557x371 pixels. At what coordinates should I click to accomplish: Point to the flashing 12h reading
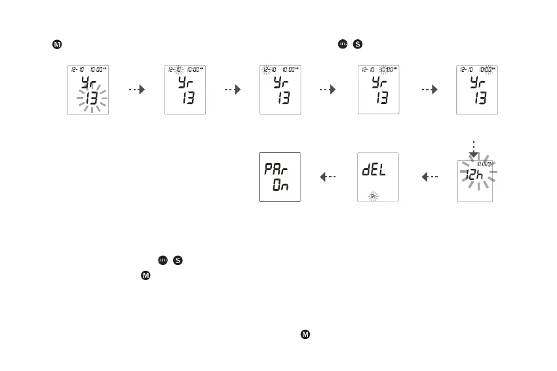478,175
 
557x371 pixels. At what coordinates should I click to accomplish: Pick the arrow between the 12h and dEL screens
429,176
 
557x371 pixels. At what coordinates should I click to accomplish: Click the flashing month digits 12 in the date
266,70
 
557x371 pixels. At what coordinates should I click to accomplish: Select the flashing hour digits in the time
385,70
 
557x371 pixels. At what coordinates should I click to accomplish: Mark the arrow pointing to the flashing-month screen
233,90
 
